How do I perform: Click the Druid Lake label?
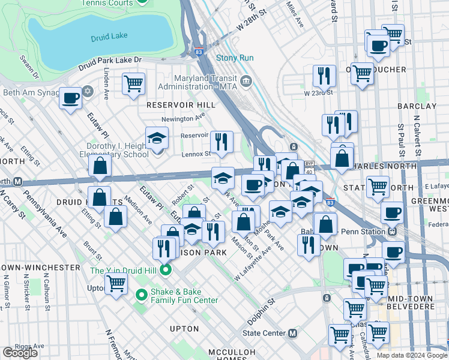click(x=109, y=37)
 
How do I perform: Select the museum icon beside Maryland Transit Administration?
click(x=246, y=81)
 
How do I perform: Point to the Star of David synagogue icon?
click(x=88, y=92)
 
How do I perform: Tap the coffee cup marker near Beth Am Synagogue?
click(x=70, y=98)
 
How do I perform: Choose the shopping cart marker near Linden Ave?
click(x=133, y=83)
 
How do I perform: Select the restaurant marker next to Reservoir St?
click(x=221, y=142)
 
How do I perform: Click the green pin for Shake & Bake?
click(x=142, y=295)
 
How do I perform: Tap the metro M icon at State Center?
click(x=292, y=333)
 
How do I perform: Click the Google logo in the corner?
click(x=20, y=353)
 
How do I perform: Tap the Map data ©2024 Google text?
click(x=411, y=355)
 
